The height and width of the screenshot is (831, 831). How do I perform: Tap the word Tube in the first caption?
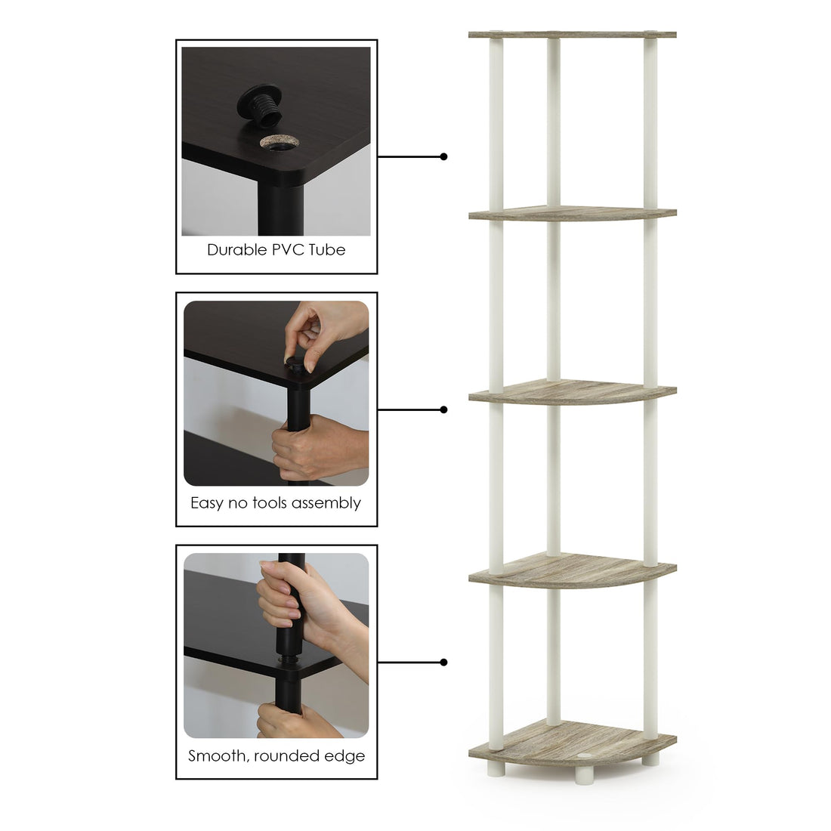click(328, 250)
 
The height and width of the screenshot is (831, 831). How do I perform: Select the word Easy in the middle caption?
click(207, 503)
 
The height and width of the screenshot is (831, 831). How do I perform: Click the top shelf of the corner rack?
click(571, 35)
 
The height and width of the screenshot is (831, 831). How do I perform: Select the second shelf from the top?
click(571, 213)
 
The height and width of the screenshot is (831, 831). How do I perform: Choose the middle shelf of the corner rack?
click(571, 393)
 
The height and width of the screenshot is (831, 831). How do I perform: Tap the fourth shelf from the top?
click(571, 571)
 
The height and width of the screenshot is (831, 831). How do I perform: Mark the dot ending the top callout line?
click(444, 157)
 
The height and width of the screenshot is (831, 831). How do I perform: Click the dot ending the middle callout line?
click(444, 409)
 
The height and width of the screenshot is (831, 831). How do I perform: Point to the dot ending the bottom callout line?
click(444, 663)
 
